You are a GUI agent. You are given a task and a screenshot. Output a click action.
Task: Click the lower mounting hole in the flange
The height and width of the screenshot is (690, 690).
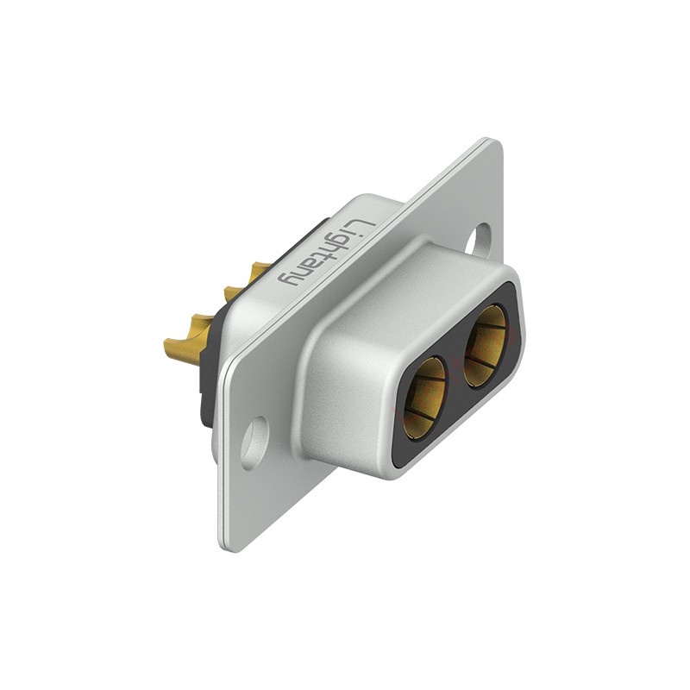point(254,442)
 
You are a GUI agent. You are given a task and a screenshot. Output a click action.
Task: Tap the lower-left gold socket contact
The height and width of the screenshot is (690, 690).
point(424,398)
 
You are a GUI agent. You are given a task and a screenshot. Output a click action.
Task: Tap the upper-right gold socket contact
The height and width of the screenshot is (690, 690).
point(486,347)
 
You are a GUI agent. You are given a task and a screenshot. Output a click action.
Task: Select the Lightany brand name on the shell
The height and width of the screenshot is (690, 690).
point(327,253)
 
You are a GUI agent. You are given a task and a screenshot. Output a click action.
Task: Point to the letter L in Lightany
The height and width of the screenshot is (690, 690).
point(364,228)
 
